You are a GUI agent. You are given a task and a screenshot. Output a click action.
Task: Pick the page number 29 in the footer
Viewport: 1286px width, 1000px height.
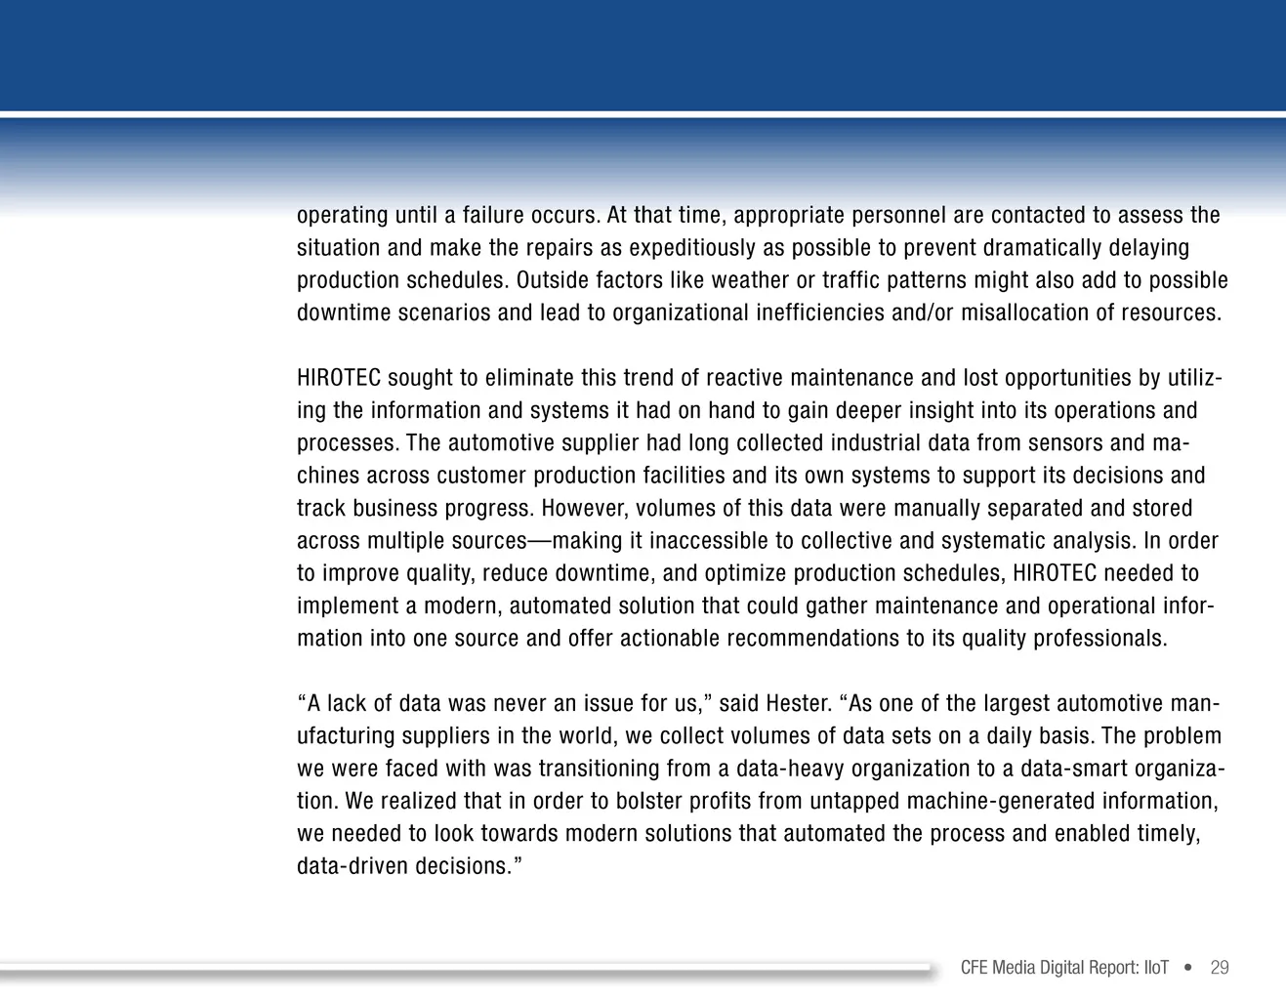click(1219, 968)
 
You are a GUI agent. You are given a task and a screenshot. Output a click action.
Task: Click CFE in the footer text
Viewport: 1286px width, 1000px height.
click(975, 968)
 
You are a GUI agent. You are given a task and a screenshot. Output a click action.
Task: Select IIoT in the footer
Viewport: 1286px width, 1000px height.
click(1156, 968)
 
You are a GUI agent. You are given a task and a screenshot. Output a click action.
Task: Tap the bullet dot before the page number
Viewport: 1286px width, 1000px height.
click(1188, 968)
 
